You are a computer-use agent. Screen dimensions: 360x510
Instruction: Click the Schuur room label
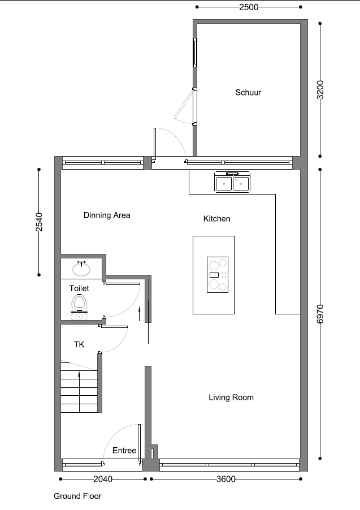248,92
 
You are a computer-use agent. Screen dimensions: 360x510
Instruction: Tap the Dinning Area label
107,215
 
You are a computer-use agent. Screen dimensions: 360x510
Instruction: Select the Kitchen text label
216,219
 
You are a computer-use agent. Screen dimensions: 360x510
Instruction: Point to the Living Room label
231,397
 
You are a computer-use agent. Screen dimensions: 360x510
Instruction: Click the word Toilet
79,288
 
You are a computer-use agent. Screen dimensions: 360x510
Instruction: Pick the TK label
79,344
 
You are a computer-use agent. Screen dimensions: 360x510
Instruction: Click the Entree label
124,450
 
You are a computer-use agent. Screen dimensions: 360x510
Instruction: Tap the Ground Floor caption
77,496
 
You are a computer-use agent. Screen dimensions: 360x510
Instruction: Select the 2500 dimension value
249,7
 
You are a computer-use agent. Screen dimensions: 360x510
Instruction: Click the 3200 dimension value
320,90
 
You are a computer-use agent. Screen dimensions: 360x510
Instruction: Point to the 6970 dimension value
320,314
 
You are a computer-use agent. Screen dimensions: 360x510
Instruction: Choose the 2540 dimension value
39,222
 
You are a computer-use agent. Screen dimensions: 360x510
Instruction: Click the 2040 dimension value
103,479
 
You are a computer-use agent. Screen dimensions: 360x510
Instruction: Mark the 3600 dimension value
225,479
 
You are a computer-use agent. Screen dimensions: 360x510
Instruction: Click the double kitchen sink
232,182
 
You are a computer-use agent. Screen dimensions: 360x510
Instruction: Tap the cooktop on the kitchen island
218,275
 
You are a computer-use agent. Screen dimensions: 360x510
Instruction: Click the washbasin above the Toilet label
81,269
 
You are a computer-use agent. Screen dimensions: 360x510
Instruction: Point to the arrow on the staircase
79,392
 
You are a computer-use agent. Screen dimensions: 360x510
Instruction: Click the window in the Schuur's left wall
195,53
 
